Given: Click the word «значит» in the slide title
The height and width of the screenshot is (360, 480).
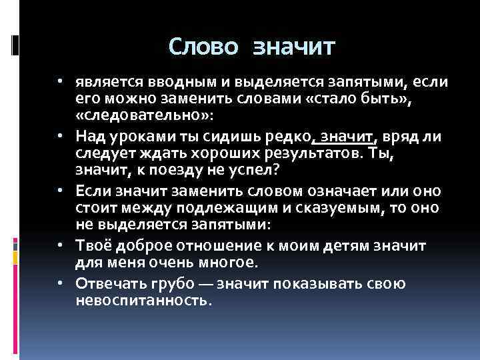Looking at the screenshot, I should [295, 47].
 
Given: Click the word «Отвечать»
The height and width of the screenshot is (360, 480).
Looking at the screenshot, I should [109, 284].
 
